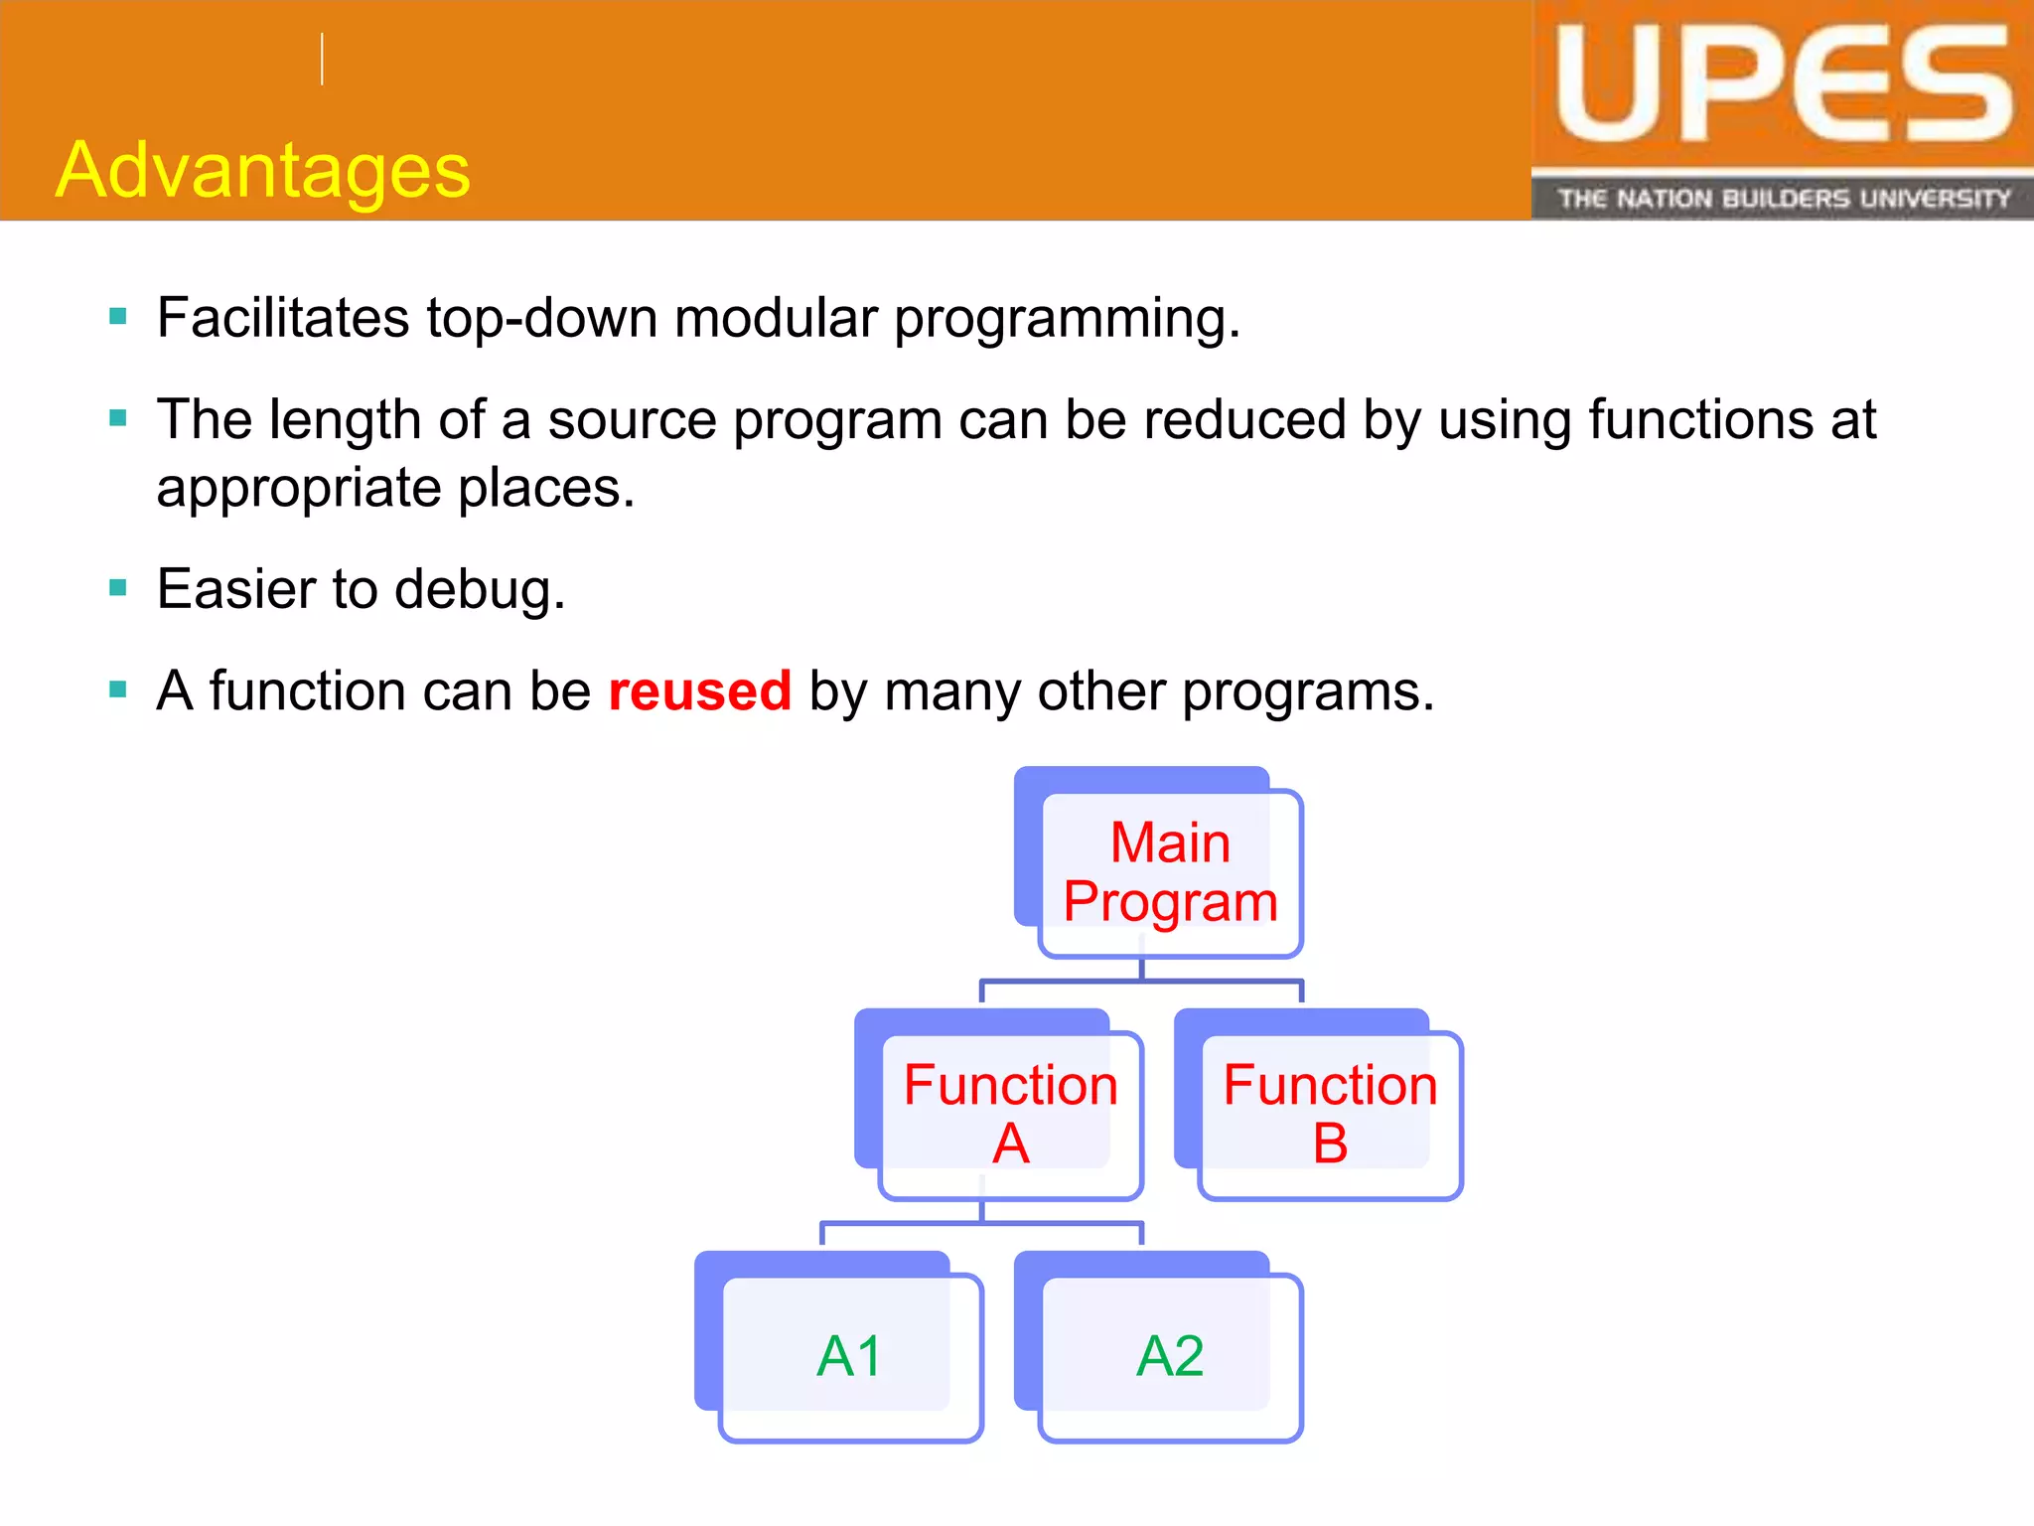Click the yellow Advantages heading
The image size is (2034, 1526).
[x=262, y=170]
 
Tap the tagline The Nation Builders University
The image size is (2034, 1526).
[x=1783, y=199]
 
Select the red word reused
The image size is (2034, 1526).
[x=699, y=690]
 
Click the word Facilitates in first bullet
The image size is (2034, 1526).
[x=282, y=318]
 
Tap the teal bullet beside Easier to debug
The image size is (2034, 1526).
[x=118, y=588]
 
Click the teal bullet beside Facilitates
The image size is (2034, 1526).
[x=118, y=317]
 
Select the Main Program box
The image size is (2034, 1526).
[x=1170, y=872]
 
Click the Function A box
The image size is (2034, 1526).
[x=1010, y=1114]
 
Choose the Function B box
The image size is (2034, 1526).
[x=1330, y=1114]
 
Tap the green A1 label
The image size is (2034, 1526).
[x=850, y=1356]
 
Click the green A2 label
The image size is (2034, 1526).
[x=1170, y=1356]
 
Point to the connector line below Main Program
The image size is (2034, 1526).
[x=1141, y=982]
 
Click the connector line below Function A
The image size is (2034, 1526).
[x=981, y=1224]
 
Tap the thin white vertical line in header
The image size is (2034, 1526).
[x=322, y=59]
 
